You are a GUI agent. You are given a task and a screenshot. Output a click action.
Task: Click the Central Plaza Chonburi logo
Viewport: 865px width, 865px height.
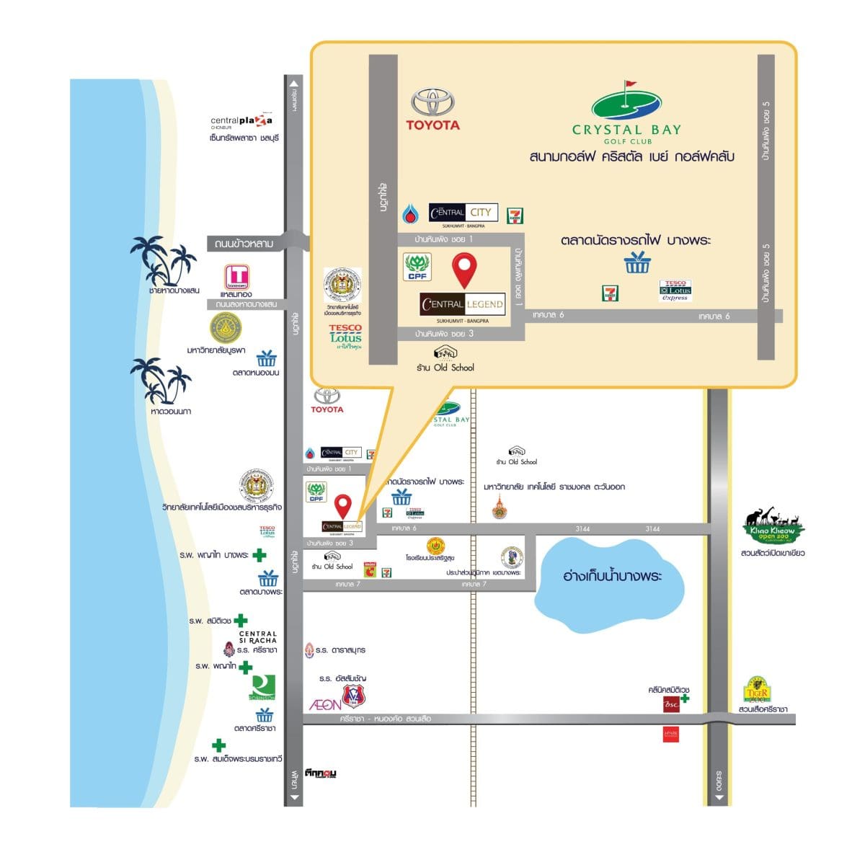click(x=241, y=122)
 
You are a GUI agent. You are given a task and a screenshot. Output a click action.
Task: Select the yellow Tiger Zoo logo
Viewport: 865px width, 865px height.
click(x=758, y=691)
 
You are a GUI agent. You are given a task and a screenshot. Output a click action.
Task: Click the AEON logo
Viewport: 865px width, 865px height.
click(x=324, y=704)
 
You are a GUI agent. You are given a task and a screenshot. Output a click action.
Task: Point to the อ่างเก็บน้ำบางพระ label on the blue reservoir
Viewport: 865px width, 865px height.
click(x=612, y=576)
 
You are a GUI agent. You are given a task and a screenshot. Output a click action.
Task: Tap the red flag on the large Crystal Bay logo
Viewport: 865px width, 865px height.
click(x=629, y=84)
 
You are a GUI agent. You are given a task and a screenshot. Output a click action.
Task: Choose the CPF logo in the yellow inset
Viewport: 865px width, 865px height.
click(x=417, y=267)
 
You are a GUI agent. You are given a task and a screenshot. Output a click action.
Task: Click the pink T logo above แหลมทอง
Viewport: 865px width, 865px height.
click(x=236, y=276)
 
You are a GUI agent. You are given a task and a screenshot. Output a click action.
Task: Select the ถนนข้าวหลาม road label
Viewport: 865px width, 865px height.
click(x=244, y=244)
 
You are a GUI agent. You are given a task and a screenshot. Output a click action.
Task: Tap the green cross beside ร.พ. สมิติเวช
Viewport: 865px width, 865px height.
click(x=241, y=620)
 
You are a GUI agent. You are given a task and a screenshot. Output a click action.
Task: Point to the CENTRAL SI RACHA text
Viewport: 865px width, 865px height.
click(x=258, y=637)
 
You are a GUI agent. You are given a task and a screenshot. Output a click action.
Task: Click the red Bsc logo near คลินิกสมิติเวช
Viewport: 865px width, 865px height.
click(x=671, y=704)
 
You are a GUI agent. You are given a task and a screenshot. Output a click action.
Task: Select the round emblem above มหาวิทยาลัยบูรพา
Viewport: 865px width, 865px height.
click(x=226, y=329)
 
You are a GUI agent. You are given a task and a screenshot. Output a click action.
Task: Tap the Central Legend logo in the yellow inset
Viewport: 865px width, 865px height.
click(x=462, y=304)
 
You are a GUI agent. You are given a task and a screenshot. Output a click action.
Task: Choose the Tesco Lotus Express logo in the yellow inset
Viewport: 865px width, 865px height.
click(x=675, y=290)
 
